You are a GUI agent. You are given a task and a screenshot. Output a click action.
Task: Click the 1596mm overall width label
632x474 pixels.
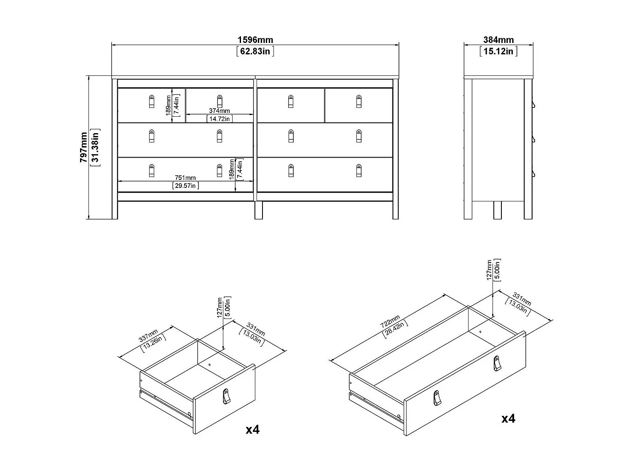(x=255, y=40)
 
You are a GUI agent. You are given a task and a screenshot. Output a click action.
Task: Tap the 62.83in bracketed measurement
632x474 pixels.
(x=255, y=51)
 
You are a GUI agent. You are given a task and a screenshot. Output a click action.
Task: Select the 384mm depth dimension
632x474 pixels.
(x=498, y=40)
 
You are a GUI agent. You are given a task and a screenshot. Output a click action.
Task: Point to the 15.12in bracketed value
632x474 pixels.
(x=498, y=51)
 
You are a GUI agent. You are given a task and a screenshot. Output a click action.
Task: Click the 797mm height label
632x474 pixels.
(x=84, y=147)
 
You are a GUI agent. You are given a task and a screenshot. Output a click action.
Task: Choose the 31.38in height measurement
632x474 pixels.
(x=95, y=147)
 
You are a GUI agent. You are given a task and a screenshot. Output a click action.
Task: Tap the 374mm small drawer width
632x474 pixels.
(x=220, y=111)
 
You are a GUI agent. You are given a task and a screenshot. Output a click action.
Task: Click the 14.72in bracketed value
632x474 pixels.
(x=220, y=119)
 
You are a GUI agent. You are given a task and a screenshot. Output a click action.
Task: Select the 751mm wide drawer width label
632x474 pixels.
(x=185, y=177)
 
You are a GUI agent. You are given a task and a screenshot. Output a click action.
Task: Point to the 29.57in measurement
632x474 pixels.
(x=185, y=185)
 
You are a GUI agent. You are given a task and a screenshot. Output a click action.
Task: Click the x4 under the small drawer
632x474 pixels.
(x=253, y=429)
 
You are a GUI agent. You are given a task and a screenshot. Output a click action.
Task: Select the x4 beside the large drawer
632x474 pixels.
(x=508, y=418)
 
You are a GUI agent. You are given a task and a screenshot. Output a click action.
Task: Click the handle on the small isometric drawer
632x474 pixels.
(x=227, y=396)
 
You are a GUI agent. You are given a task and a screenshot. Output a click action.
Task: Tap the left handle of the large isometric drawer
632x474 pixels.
(x=437, y=399)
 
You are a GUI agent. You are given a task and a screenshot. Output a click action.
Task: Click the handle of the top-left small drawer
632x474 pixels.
(x=152, y=102)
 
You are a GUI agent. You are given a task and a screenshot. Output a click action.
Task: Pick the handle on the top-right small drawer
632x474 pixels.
(x=359, y=102)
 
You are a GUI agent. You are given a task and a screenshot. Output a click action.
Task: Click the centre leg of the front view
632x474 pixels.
(x=258, y=210)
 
